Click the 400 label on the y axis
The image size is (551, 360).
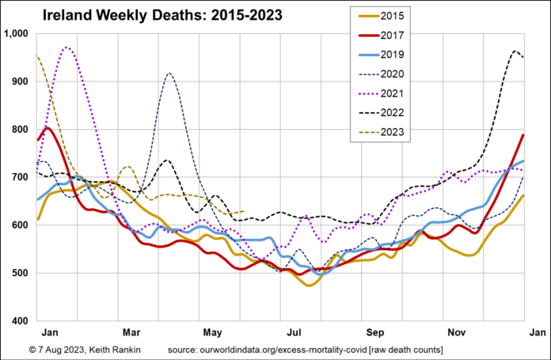(20, 320)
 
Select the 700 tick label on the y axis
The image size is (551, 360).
(20, 177)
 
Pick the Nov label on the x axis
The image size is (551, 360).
(454, 334)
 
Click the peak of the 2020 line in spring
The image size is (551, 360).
(169, 73)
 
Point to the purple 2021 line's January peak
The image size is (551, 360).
(66, 47)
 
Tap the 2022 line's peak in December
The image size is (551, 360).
(515, 51)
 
